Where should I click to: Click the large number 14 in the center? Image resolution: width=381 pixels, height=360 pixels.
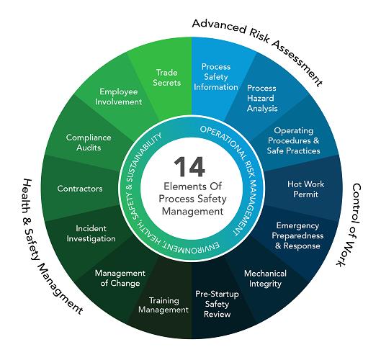point(189,166)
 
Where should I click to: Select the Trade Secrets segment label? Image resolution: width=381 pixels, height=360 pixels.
point(166,78)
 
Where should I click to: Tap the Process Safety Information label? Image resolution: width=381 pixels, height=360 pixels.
point(216,77)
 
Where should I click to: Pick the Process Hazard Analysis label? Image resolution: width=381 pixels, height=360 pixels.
point(262,98)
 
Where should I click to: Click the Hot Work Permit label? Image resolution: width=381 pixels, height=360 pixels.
point(305,189)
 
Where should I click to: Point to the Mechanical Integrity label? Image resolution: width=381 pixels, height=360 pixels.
point(265,279)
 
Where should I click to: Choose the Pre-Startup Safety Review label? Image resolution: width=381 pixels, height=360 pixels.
point(217,304)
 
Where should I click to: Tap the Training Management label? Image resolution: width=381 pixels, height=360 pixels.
point(163,305)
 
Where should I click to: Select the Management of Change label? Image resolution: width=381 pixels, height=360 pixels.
point(120,278)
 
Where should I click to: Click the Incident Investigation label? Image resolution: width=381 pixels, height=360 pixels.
point(91,233)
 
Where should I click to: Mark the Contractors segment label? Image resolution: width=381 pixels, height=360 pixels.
point(80,189)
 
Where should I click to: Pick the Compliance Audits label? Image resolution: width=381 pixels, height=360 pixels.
point(89,143)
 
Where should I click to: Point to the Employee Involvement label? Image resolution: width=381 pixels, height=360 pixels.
point(119,96)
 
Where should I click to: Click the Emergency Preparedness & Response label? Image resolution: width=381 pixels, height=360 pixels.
point(297,235)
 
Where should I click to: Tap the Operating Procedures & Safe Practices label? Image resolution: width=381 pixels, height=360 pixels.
point(294,140)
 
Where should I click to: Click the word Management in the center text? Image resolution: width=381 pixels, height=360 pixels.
point(192,212)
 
